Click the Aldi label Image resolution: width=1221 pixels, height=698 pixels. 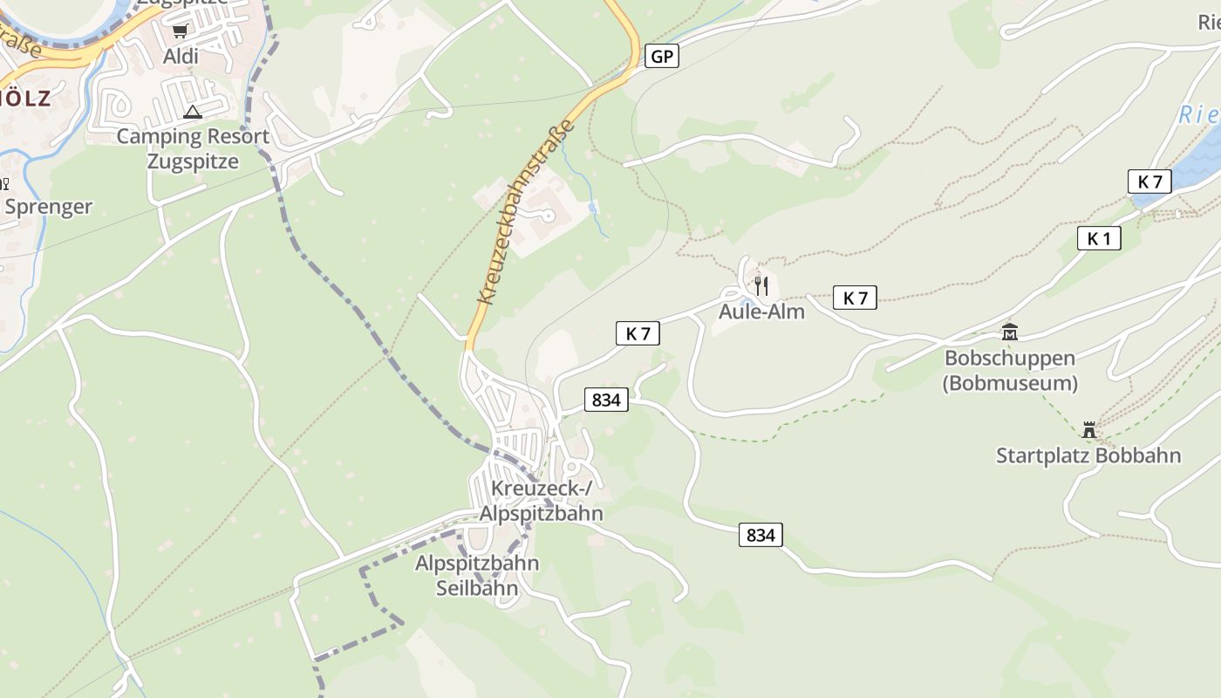point(181,57)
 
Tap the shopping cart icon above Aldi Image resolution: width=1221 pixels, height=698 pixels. point(180,31)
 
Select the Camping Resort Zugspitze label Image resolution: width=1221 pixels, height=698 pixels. point(193,149)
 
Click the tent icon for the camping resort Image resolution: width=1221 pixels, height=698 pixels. point(193,112)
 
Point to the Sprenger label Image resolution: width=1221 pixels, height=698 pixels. point(49,207)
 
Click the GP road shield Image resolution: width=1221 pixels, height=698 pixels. point(662,57)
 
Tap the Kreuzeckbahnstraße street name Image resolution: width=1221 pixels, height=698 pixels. point(526,212)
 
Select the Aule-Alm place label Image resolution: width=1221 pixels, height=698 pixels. point(761,311)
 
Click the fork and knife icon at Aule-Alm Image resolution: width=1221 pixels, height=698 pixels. point(761,285)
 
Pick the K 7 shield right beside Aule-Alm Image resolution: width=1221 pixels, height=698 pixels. point(855,298)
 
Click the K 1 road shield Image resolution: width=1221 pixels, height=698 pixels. point(1098,238)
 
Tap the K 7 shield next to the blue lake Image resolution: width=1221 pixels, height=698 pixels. point(1149,181)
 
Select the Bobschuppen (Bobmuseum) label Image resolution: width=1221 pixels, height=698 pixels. point(1010,371)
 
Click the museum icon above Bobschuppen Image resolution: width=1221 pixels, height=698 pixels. point(1010,332)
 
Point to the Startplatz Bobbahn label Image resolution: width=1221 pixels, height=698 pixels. point(1088,455)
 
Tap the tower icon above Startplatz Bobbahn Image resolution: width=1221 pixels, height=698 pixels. point(1088,429)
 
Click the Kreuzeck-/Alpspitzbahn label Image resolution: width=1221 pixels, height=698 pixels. point(541,501)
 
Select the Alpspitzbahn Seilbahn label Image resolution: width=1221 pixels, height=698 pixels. point(476,576)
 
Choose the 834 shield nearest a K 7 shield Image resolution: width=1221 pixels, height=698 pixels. point(605,400)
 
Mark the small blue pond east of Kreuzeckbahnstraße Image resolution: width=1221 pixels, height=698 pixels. point(593,208)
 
